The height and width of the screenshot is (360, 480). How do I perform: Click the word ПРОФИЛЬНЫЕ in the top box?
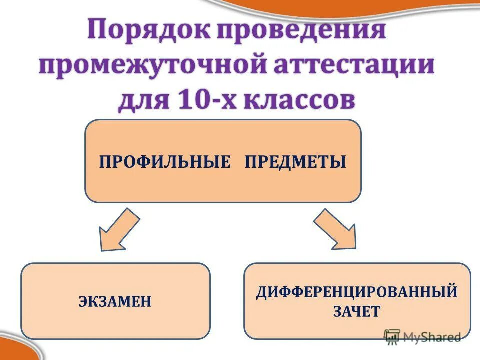[x=165, y=162]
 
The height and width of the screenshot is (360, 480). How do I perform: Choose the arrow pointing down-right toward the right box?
[x=335, y=229]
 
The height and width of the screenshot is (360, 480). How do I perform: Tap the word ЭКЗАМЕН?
[x=115, y=302]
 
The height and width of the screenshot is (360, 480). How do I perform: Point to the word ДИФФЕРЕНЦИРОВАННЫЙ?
[x=357, y=292]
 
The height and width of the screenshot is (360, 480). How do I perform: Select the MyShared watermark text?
[x=431, y=337]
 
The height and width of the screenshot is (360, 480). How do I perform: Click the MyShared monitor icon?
[x=392, y=336]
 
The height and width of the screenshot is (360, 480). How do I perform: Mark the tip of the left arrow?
[x=102, y=248]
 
